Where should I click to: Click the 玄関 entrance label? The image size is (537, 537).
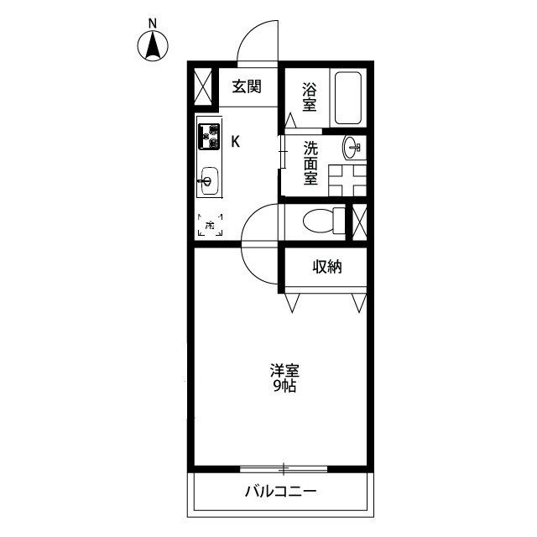248,86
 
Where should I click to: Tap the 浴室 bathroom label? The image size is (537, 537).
310,95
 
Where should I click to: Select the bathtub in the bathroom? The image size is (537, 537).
347,98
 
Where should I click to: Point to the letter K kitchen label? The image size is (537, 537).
236,140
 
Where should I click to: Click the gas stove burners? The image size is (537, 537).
208,136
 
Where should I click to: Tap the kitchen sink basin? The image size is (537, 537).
208,180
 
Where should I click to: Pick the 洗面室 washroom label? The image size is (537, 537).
310,163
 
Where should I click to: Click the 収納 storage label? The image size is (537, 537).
328,268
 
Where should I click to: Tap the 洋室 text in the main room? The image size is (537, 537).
285,370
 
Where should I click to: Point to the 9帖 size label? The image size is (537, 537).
285,387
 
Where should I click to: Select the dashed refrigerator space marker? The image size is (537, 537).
210,224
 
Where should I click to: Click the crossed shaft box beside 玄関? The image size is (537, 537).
202,87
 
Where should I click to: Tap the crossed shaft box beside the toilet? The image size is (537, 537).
361,220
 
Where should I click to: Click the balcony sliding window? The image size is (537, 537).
284,467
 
